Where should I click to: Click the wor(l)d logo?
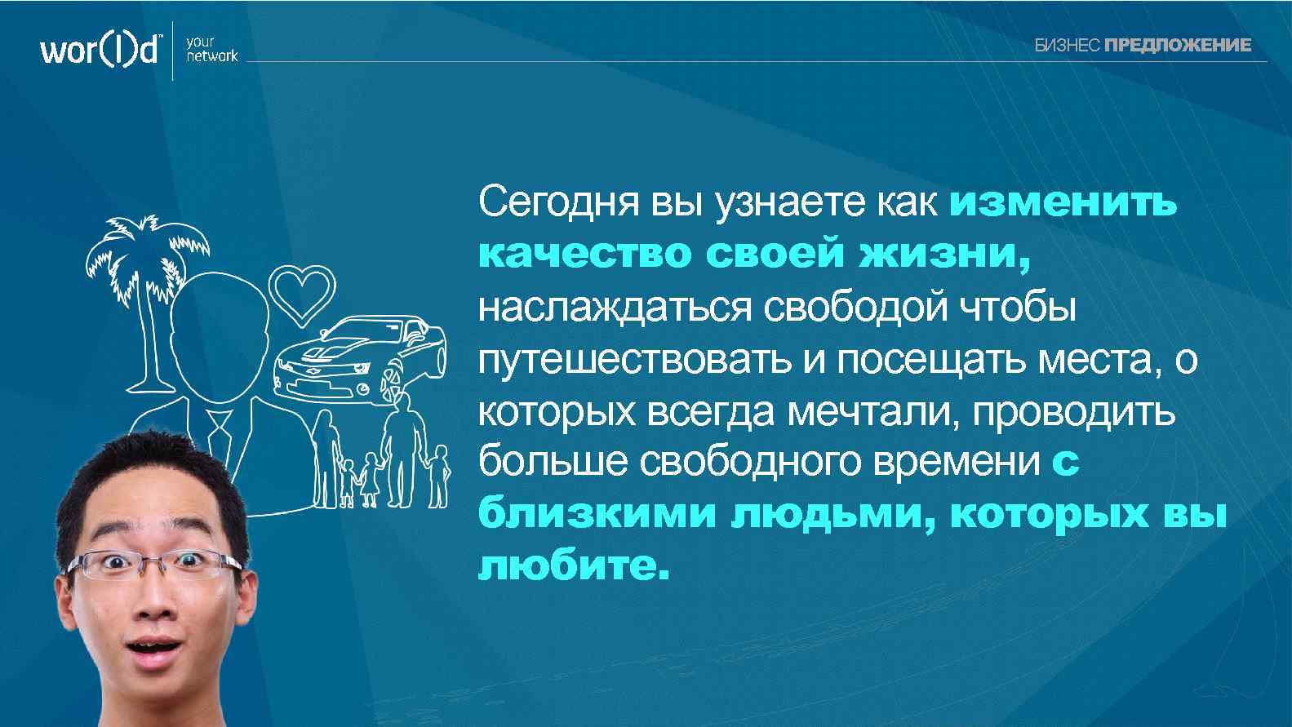pyautogui.click(x=100, y=51)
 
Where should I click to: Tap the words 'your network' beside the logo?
pyautogui.click(x=211, y=50)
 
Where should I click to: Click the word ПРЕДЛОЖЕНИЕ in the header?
pyautogui.click(x=1177, y=46)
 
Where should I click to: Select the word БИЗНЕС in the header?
pyautogui.click(x=1068, y=46)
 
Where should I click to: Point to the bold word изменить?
pyautogui.click(x=1063, y=202)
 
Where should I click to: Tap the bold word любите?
pyautogui.click(x=573, y=565)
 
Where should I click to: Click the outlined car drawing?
pyautogui.click(x=359, y=355)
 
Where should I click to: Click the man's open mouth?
pyautogui.click(x=154, y=654)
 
